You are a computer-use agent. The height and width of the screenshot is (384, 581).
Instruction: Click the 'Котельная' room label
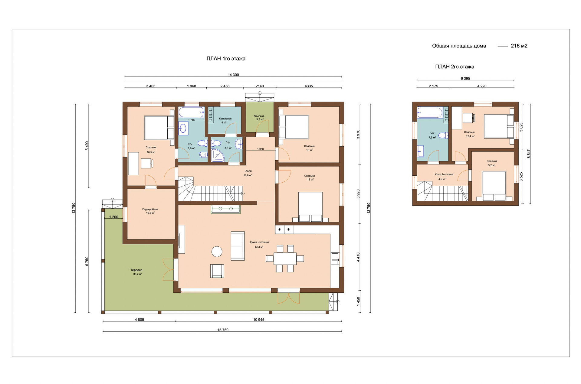225,119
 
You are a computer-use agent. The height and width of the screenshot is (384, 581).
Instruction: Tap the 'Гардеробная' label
150,209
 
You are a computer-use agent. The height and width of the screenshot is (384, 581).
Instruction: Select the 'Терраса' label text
136,270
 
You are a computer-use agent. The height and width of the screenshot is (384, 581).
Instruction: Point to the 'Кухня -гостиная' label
259,242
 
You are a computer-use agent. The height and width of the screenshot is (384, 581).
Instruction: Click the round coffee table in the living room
217,252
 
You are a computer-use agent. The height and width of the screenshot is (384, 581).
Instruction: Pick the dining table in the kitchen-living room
285,259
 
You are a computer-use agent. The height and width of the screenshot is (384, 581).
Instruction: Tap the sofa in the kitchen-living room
238,246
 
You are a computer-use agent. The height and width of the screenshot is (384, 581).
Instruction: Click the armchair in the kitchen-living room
217,271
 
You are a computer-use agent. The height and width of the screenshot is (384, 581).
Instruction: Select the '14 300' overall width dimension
233,75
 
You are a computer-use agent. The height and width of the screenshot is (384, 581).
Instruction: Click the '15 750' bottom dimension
223,330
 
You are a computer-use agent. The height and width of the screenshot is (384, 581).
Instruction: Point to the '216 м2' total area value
519,46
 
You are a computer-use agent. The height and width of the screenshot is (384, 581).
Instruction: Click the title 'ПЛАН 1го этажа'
226,59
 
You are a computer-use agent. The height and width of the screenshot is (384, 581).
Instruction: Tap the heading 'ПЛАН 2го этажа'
455,67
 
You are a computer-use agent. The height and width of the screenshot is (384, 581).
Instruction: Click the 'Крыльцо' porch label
259,116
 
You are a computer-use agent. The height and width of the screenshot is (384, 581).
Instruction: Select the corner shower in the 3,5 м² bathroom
217,155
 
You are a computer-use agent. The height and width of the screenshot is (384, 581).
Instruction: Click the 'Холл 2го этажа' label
444,174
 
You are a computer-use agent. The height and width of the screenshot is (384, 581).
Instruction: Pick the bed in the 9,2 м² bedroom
494,186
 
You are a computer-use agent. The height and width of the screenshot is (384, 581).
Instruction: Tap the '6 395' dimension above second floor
465,78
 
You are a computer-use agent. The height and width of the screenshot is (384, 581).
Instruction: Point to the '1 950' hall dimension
260,149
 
